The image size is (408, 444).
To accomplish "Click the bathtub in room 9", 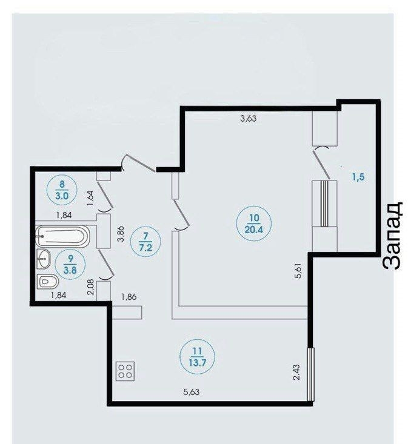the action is [62, 236].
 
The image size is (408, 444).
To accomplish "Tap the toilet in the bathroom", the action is [48, 282].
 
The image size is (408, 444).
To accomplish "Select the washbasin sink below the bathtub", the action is [44, 259].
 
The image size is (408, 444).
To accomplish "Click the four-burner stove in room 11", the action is [125, 371].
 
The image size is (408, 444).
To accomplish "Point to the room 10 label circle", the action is [254, 224].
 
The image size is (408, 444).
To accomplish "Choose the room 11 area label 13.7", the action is [197, 362].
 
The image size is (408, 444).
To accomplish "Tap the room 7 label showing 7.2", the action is [145, 248].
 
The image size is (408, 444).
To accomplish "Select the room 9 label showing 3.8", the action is [70, 270].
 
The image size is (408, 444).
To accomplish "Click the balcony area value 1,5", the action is [358, 177].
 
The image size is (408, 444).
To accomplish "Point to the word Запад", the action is [393, 236].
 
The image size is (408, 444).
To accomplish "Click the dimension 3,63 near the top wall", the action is [248, 118].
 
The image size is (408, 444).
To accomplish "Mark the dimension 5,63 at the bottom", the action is [192, 392].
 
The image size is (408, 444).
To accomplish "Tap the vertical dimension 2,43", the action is [296, 372].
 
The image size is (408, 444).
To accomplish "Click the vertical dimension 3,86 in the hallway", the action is [121, 234].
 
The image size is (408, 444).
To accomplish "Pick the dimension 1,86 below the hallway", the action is [129, 297].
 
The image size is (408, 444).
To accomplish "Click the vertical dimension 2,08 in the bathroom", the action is [91, 287].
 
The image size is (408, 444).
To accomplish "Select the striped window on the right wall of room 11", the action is [310, 374].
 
